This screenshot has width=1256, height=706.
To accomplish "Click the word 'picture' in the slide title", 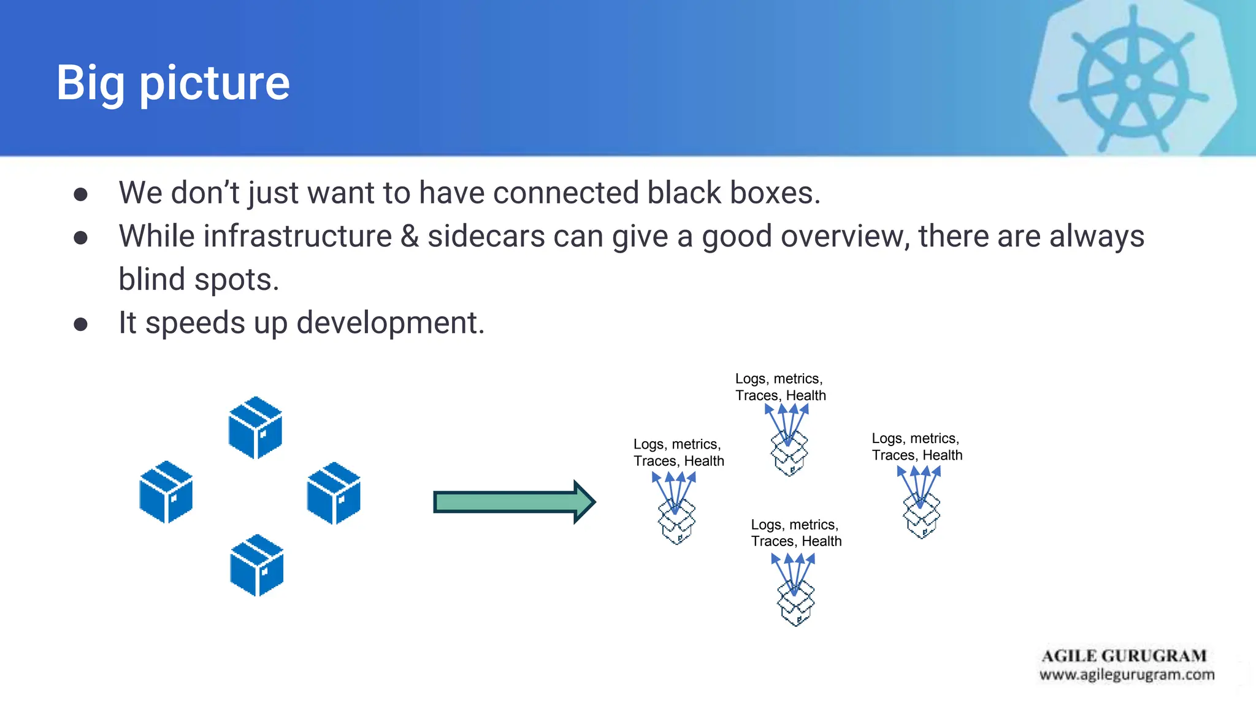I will [x=215, y=84].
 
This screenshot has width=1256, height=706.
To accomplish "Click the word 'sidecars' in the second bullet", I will [x=486, y=237].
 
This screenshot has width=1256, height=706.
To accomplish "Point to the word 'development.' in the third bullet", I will [x=391, y=323].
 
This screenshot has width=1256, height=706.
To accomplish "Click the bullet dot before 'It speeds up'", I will [x=80, y=324].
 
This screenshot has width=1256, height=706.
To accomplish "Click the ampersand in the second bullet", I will [x=409, y=237].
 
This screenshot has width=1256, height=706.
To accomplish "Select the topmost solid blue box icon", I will [x=255, y=427].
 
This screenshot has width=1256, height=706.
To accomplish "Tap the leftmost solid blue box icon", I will [x=166, y=492].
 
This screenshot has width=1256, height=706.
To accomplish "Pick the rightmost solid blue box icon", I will [x=334, y=493].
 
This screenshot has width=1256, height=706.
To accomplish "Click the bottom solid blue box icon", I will [x=256, y=565].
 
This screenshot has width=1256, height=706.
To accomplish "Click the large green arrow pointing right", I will [x=514, y=502].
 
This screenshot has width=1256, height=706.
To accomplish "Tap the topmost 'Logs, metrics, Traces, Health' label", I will [x=780, y=387].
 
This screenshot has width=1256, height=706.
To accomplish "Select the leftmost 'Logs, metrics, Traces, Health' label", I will [x=678, y=453].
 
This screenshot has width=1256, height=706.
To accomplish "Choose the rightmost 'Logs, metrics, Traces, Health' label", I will [x=917, y=447].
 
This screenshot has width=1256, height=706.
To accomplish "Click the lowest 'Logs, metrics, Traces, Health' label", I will [x=796, y=533].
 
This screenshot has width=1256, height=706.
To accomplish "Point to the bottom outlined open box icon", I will [x=796, y=604].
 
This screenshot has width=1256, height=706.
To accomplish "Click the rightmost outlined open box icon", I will [x=921, y=516].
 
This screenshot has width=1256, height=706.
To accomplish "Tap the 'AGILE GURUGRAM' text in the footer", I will [x=1124, y=656].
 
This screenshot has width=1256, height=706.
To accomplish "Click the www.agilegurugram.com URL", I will [x=1127, y=675].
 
